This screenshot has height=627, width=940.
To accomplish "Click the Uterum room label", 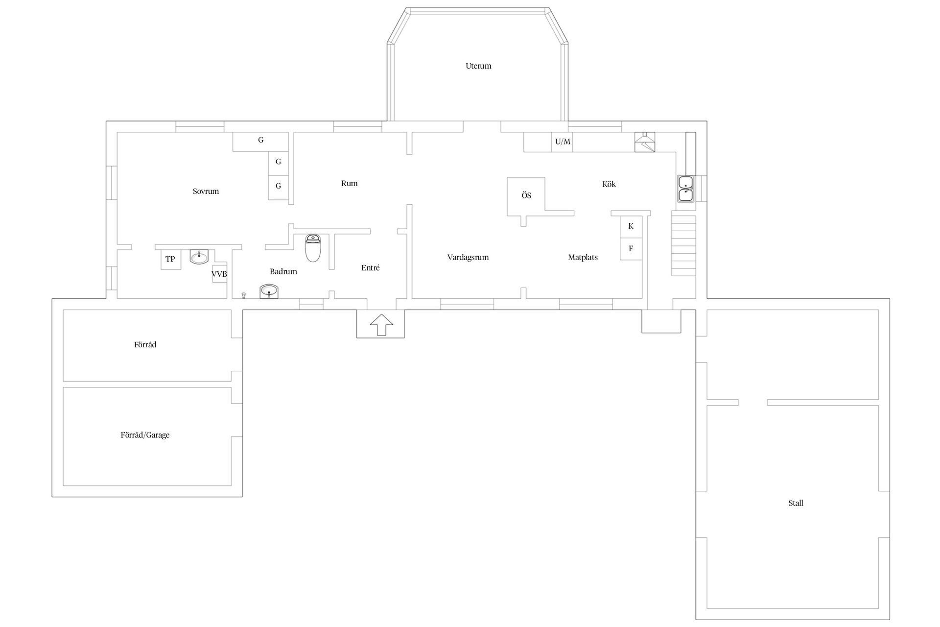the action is (478, 66).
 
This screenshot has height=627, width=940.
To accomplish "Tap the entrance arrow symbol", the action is (381, 325).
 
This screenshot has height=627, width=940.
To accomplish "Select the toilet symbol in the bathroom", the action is (313, 248).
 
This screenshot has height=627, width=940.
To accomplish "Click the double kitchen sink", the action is (685, 189).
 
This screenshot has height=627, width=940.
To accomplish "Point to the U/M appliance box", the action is (563, 142).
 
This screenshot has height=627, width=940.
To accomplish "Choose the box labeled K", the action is (631, 226).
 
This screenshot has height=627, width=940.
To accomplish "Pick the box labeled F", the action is (631, 249).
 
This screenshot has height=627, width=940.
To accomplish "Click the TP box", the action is (170, 259).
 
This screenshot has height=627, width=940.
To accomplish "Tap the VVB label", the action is (219, 274).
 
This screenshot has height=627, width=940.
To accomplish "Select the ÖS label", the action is (526, 195).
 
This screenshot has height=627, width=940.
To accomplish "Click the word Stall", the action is (796, 503).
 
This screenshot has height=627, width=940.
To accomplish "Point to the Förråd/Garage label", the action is (145, 435).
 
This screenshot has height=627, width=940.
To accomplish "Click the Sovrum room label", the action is (206, 192).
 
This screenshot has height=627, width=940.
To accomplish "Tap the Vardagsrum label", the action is (468, 258).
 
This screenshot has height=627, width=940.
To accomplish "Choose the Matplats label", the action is (583, 258).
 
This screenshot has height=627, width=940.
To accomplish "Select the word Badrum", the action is (283, 271).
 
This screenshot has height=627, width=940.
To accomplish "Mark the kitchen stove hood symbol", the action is (645, 142).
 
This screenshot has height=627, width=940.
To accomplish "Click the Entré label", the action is (371, 268).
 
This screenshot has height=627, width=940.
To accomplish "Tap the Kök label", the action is (609, 184).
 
